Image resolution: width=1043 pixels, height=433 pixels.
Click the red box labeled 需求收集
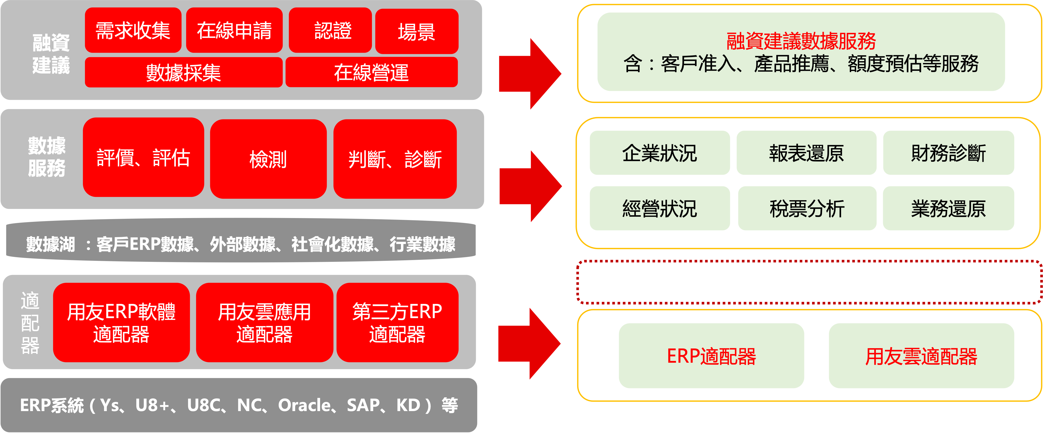tap(133, 31)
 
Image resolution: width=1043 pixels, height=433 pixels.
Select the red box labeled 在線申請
tap(234, 31)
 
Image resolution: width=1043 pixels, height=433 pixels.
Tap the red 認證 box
tap(330, 31)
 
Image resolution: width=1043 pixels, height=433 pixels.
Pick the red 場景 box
tap(417, 32)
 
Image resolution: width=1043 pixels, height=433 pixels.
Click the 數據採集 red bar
tap(184, 72)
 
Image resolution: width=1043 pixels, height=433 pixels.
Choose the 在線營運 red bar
tap(371, 72)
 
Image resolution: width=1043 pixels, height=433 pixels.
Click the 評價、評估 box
tap(143, 158)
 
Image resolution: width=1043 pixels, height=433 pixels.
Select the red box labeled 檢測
tap(268, 159)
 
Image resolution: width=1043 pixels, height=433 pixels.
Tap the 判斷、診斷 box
tap(395, 159)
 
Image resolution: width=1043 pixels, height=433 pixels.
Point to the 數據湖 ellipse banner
tap(241, 244)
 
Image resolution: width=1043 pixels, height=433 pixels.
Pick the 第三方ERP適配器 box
tap(397, 322)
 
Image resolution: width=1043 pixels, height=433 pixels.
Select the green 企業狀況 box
tap(660, 153)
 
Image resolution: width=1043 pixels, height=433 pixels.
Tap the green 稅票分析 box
tap(807, 208)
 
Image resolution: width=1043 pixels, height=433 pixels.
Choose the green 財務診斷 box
tap(948, 153)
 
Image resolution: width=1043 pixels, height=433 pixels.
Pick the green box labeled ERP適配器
tap(711, 356)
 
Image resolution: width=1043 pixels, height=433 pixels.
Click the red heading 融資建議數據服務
tap(801, 41)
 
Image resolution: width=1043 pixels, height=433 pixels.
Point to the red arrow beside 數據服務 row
tap(530, 186)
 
